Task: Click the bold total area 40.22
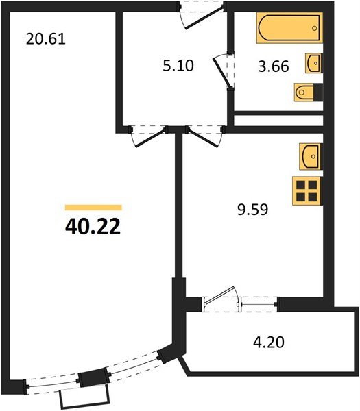(x=93, y=226)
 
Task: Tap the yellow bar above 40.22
(x=93, y=207)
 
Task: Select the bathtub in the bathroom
(x=290, y=29)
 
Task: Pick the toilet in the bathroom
(x=307, y=91)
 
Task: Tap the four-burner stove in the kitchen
(x=307, y=190)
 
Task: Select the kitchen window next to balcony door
(x=258, y=301)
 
